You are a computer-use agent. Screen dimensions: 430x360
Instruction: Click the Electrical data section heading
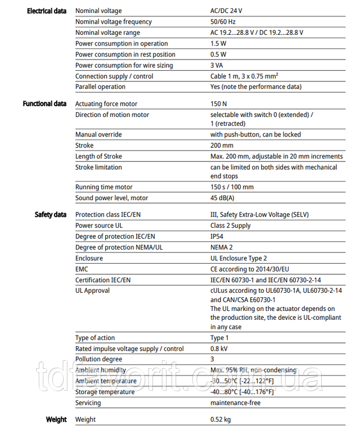click(47, 11)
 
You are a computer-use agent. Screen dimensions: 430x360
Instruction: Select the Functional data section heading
click(44, 103)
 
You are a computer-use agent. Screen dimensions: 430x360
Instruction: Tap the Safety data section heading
click(51, 215)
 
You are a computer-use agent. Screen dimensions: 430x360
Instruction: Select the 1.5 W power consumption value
click(219, 43)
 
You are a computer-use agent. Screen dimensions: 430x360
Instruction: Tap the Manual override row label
click(98, 134)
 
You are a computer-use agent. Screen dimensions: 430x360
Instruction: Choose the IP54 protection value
click(218, 237)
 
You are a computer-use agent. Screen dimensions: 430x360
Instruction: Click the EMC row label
click(83, 269)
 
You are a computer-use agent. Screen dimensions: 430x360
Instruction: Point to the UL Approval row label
click(93, 291)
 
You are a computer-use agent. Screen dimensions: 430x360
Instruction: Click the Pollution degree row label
click(98, 359)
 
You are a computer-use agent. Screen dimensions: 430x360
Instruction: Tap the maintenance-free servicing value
click(236, 402)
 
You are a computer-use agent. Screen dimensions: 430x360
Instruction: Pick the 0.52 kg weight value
click(220, 419)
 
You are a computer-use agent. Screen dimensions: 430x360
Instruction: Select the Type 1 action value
click(219, 338)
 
